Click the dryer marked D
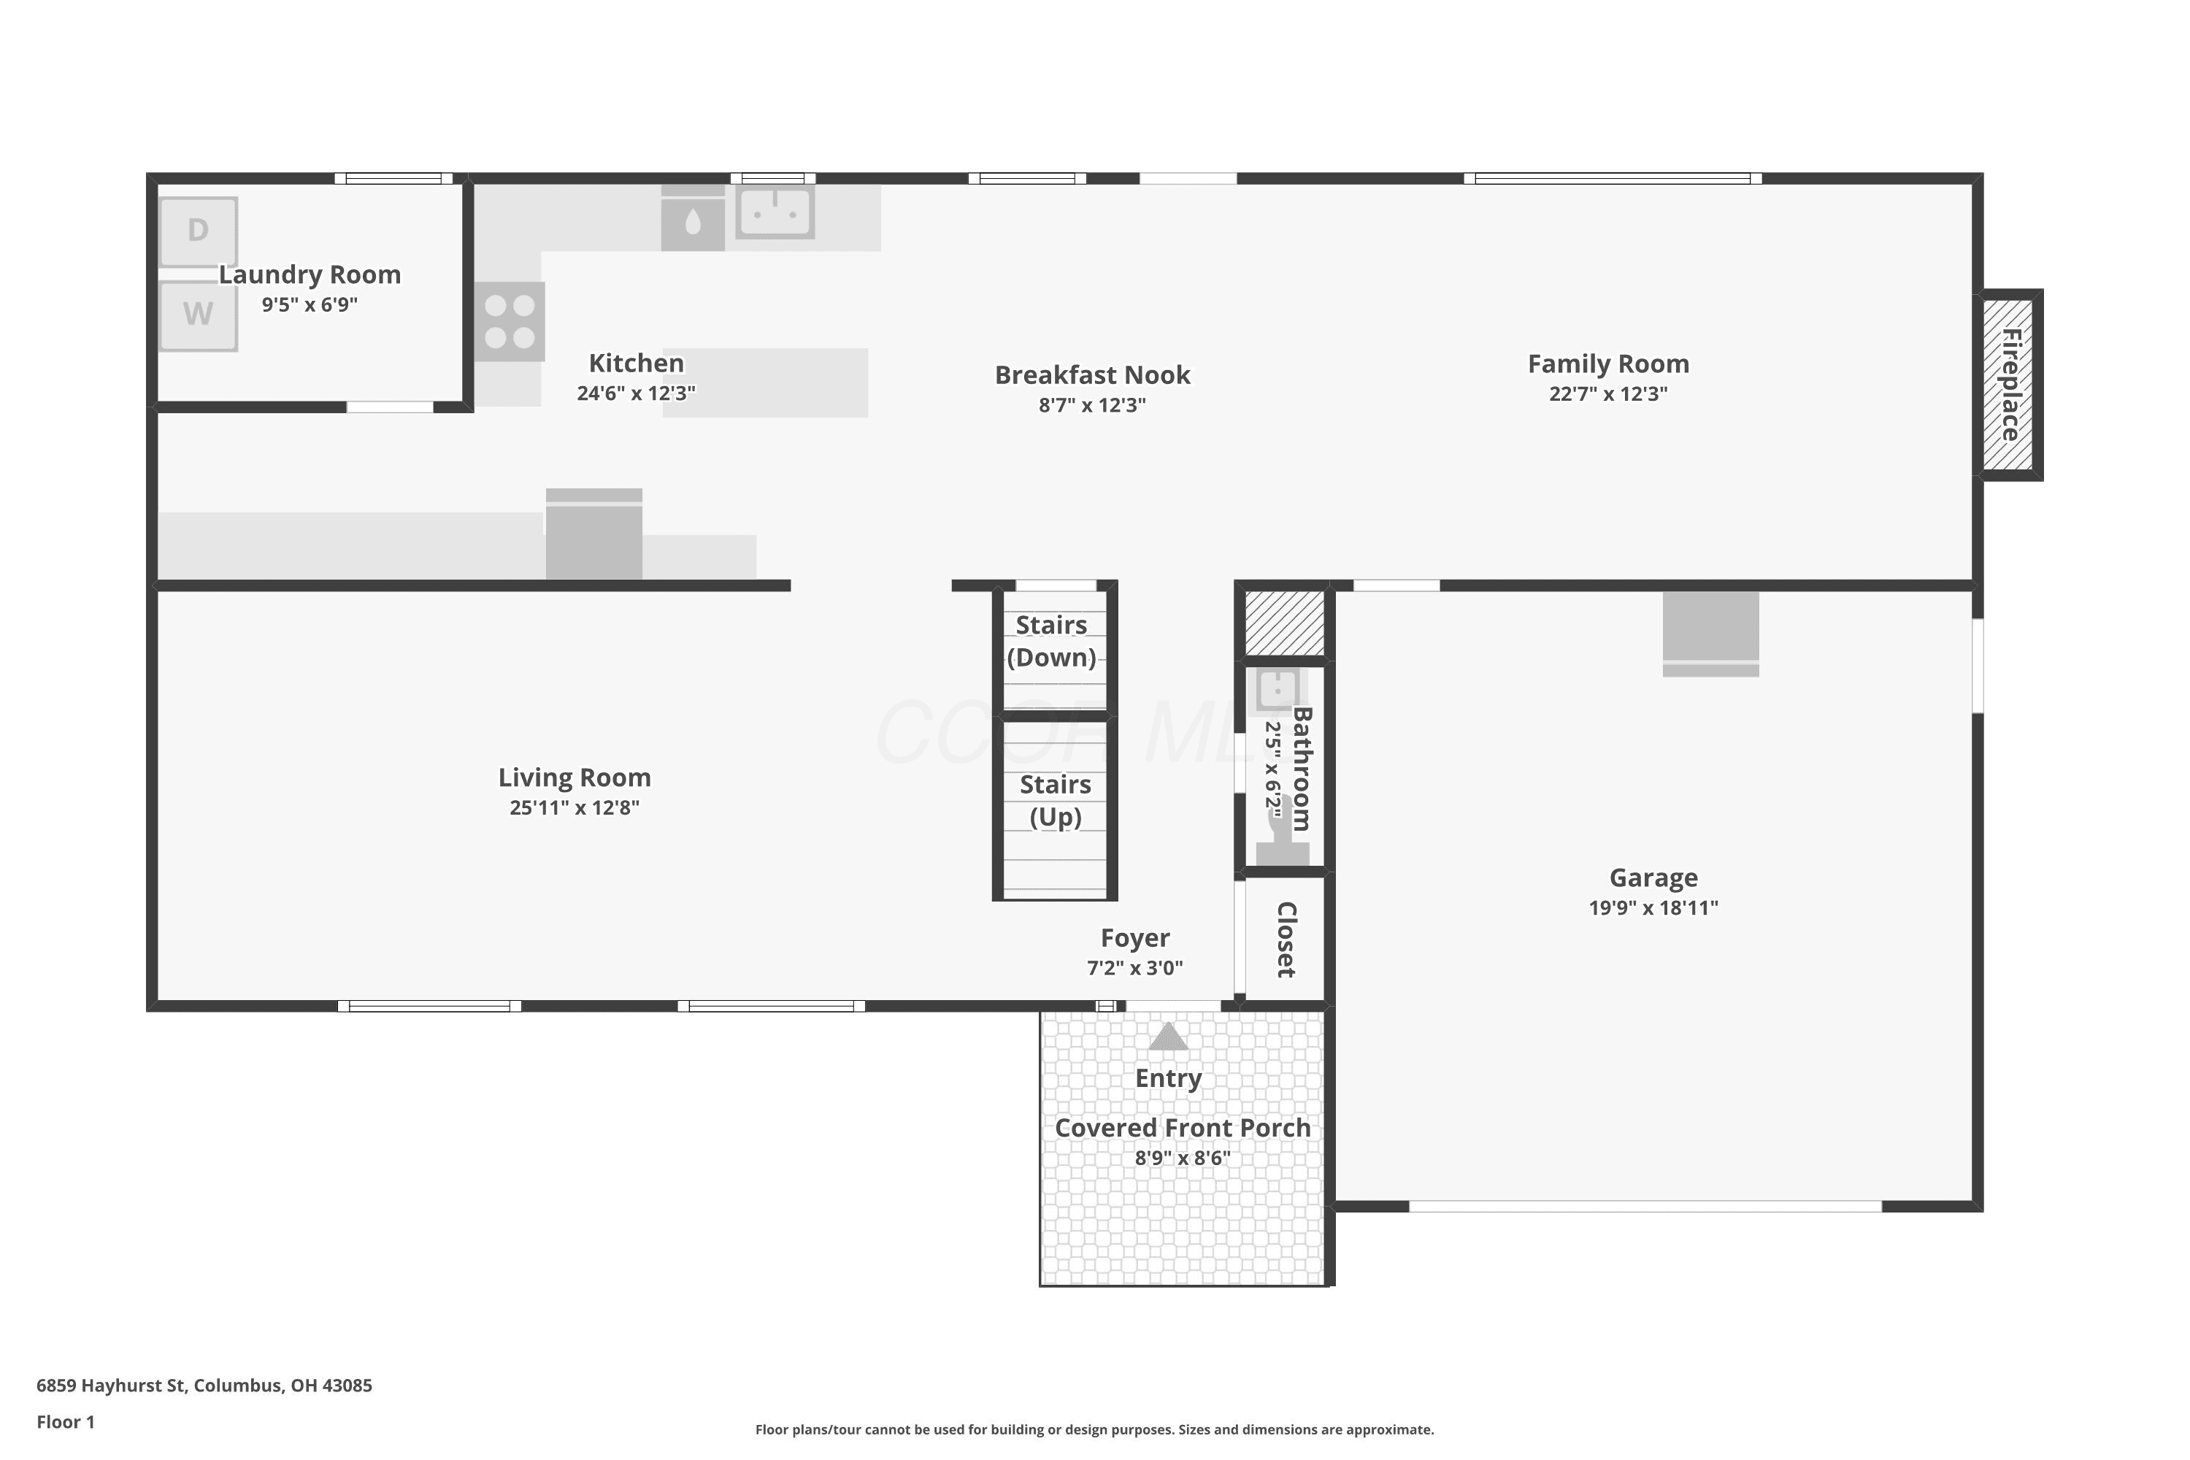point(199,231)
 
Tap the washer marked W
point(199,315)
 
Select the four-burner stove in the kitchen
point(510,321)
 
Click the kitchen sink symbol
point(775,212)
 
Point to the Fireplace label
point(2010,385)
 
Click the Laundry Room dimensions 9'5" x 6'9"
point(310,304)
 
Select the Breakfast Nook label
point(1092,374)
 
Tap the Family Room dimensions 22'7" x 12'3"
point(1608,394)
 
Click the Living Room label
point(575,777)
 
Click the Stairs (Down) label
point(1052,641)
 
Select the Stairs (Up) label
point(1055,800)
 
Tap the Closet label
point(1287,940)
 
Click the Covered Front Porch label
point(1183,1128)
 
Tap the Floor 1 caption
point(65,1422)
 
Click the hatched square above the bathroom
point(1285,623)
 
